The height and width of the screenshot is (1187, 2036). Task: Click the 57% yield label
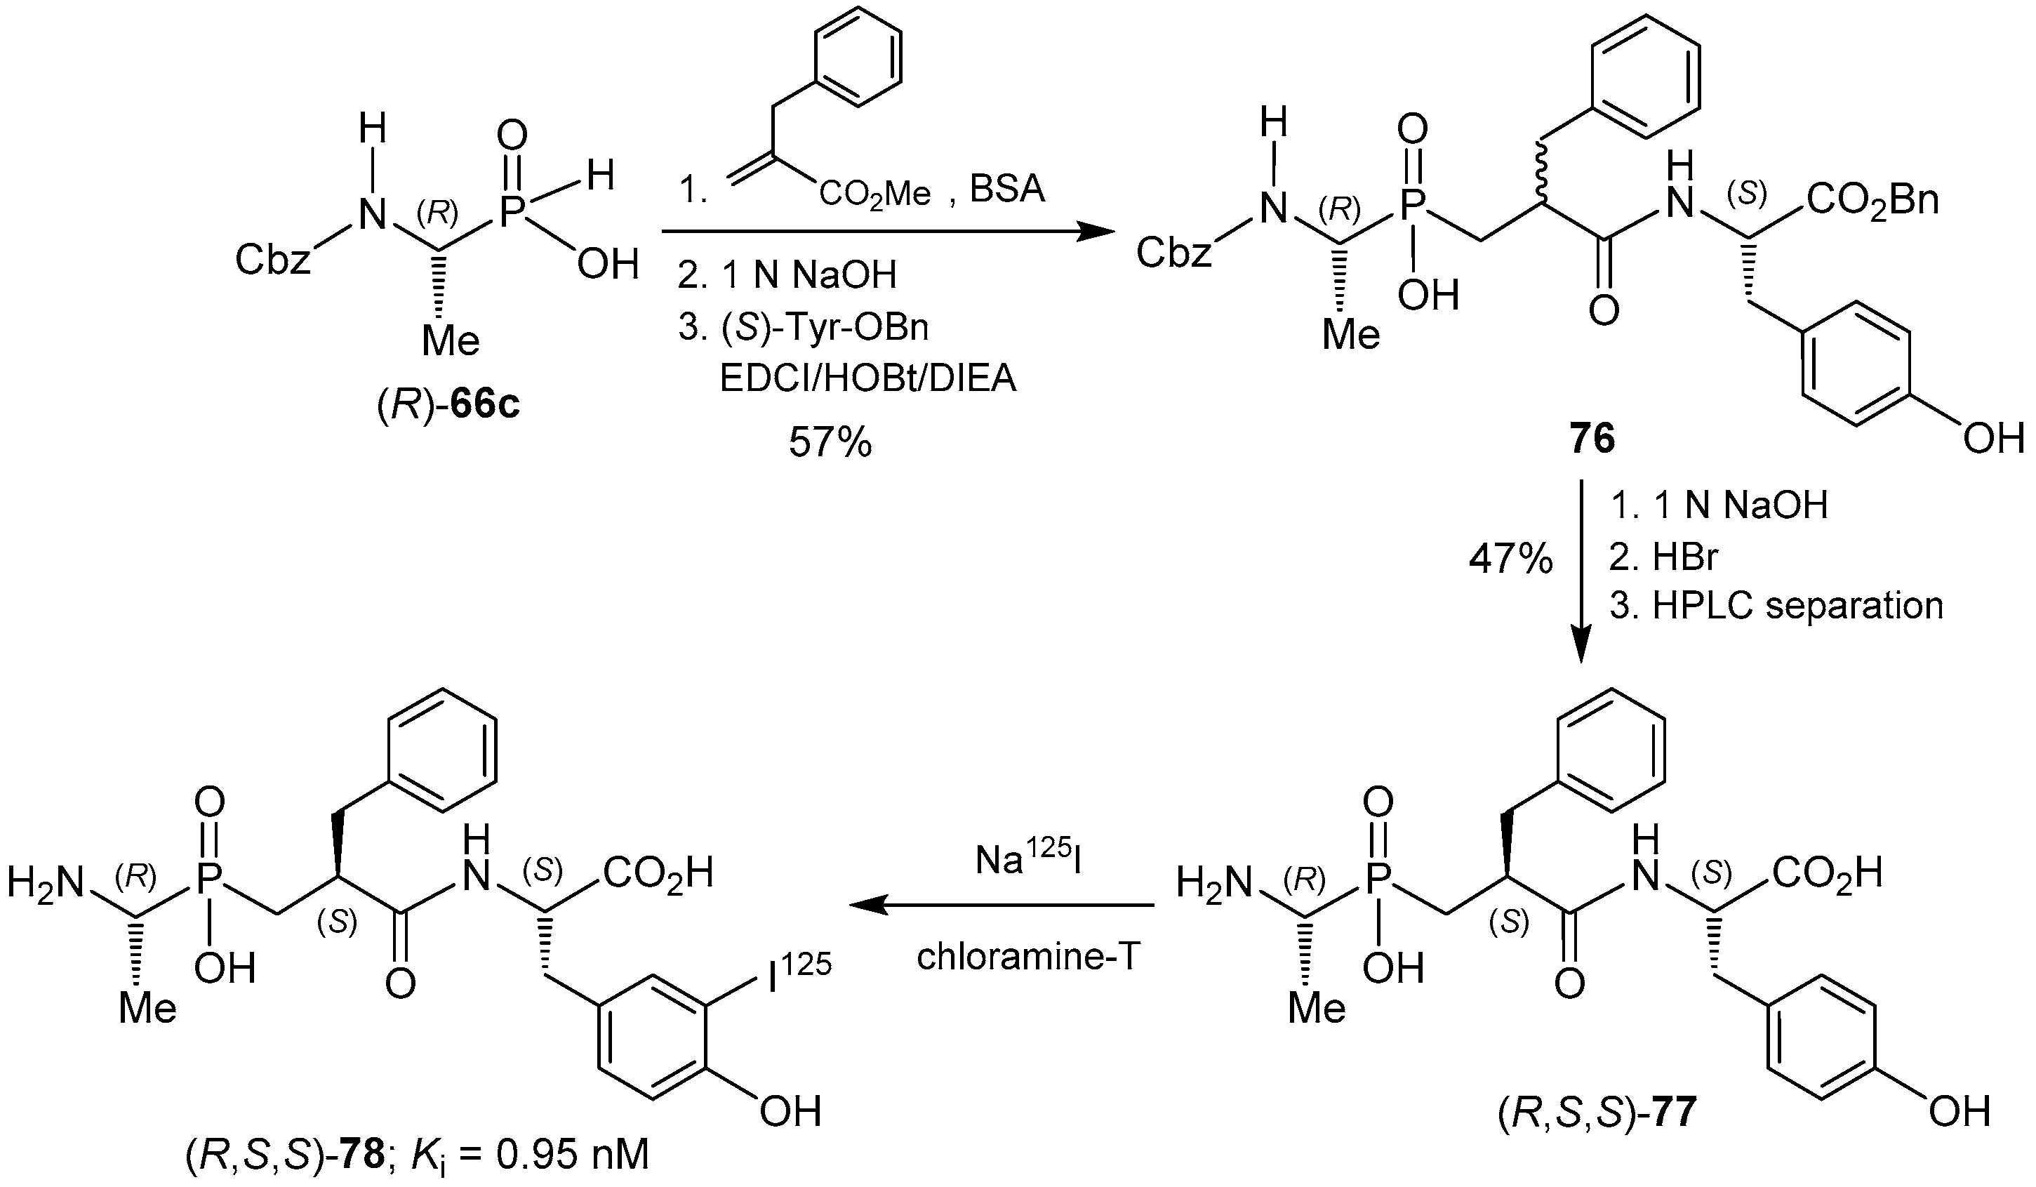(830, 442)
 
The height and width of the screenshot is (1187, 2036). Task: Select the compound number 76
(1592, 439)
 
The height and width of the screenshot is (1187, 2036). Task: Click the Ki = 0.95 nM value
(529, 1156)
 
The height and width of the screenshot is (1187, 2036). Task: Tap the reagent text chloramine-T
(1027, 957)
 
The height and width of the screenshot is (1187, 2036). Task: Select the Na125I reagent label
(1027, 861)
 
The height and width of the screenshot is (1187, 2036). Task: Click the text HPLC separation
(1797, 605)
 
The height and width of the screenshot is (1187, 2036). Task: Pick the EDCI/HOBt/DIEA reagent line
(867, 378)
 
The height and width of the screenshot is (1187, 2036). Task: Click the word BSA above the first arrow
(1006, 188)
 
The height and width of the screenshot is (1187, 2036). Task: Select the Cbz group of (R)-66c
(272, 260)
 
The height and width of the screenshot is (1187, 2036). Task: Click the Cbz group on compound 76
(1173, 253)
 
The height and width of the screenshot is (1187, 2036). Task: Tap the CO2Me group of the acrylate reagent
(874, 194)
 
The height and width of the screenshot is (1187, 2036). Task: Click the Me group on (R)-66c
(450, 341)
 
